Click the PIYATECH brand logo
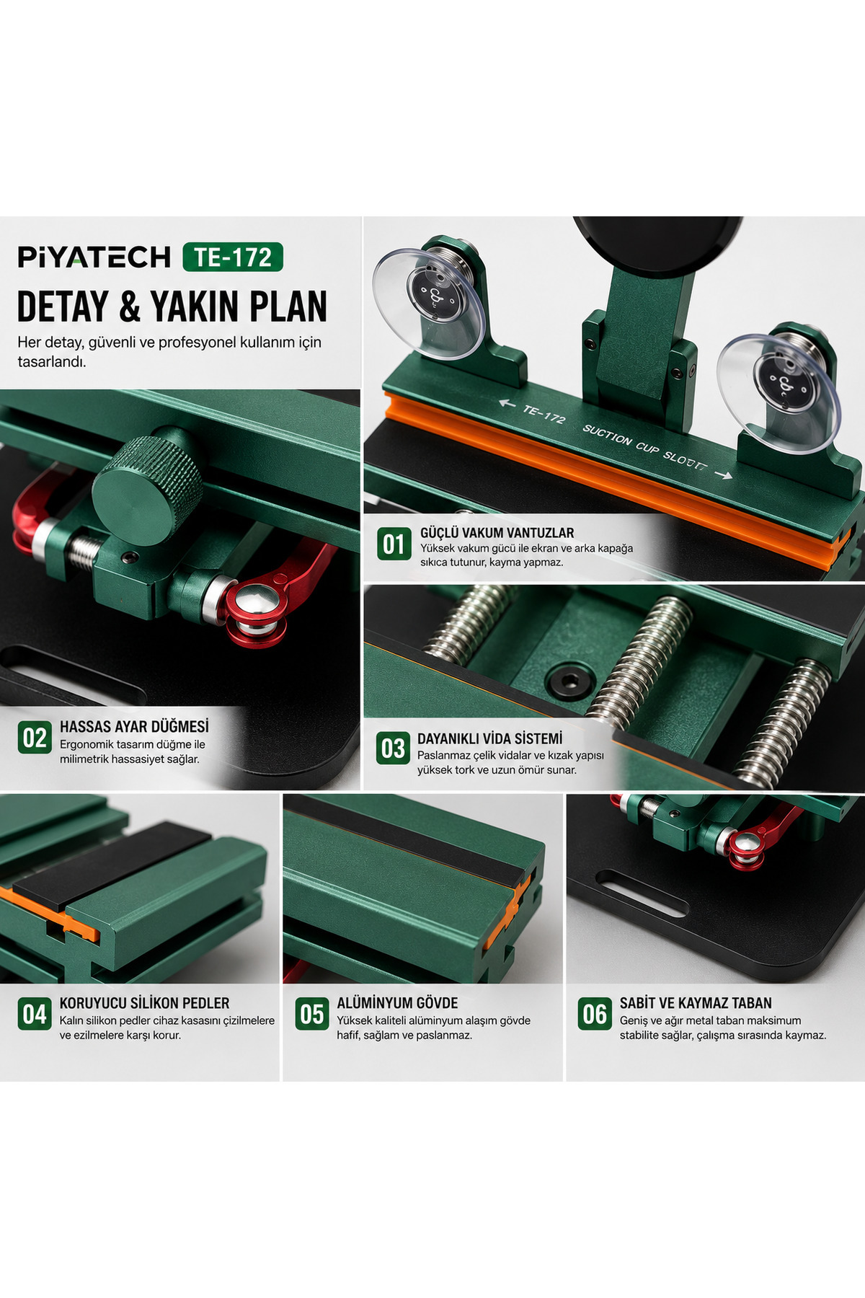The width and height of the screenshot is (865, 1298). coord(94,257)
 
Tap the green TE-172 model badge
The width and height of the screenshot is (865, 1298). coord(233,257)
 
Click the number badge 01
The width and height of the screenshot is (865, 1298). coord(394,544)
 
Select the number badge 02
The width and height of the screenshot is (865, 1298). coord(35,737)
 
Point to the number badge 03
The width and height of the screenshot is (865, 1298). coord(394,749)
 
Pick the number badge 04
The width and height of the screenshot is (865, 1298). coord(35,1014)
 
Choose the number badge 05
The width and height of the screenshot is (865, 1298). coord(312,1014)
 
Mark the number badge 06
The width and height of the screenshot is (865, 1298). coord(595,1014)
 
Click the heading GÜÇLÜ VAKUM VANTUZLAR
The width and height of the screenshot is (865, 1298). coord(497,533)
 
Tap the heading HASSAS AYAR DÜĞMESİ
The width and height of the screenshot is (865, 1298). coord(134,726)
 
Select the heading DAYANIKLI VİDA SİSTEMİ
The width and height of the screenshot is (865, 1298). coord(490,738)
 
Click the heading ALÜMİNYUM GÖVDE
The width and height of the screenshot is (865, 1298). coord(397,1003)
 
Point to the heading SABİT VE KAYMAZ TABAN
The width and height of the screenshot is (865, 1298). coord(696,1003)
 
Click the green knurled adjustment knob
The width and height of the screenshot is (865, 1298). coord(148,482)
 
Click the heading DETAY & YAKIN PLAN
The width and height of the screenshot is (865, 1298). coord(172,306)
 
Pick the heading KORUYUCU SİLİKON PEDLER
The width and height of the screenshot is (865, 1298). coord(144,1003)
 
